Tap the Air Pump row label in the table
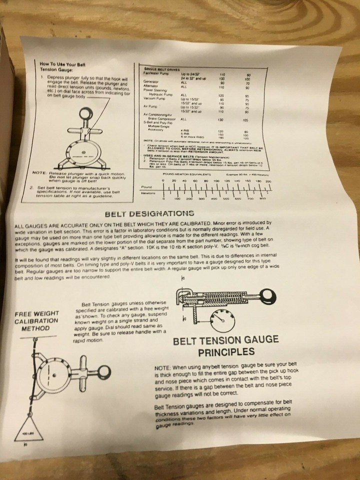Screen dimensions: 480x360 [149, 106]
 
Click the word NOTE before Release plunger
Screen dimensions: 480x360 [38, 173]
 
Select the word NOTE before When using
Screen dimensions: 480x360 [163, 367]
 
